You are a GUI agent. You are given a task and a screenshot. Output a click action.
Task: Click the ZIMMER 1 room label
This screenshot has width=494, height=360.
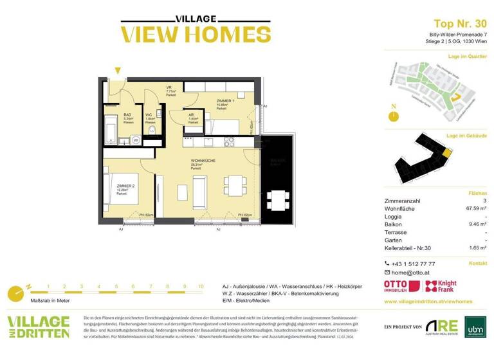click(x=225, y=102)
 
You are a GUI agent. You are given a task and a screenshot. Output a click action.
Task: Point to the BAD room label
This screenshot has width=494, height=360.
click(x=127, y=115)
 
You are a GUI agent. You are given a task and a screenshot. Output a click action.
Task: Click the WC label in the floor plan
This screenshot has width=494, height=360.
click(x=149, y=115)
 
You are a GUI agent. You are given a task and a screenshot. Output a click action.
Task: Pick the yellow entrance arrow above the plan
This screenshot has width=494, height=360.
click(x=117, y=71)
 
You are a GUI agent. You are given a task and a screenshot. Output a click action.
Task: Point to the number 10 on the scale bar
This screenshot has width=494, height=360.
click(x=201, y=286)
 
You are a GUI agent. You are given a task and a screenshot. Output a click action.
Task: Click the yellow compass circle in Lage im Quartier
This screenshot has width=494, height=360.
click(x=394, y=116)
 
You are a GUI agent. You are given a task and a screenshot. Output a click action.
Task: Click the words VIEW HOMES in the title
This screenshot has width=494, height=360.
click(x=196, y=34)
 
